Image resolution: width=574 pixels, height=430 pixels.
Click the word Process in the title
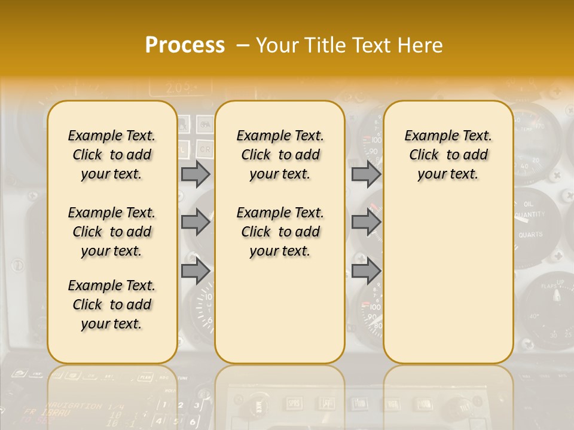coord(185,45)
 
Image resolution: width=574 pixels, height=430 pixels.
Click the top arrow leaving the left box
coord(196,174)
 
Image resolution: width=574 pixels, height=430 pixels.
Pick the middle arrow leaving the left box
coord(196,222)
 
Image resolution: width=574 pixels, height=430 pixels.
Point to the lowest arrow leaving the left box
coord(196,271)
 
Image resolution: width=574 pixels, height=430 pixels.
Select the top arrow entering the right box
coord(366,174)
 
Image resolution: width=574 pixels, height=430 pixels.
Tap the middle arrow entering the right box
coord(366,222)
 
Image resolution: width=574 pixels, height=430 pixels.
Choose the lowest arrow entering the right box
coord(366,271)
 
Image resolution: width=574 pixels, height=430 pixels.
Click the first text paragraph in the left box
coord(112,155)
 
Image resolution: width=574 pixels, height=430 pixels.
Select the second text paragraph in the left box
coord(112,232)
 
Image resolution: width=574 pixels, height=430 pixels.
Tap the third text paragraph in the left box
coord(112,305)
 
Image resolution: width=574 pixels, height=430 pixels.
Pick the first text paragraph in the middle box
coord(280,155)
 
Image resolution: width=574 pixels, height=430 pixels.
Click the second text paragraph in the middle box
coord(280,232)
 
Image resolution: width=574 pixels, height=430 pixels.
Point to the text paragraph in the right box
coord(448,155)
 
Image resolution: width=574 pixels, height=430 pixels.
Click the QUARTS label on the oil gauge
coord(530,235)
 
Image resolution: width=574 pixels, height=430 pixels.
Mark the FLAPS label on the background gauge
coord(548,287)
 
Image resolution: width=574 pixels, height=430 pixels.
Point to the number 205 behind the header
coord(178,88)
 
